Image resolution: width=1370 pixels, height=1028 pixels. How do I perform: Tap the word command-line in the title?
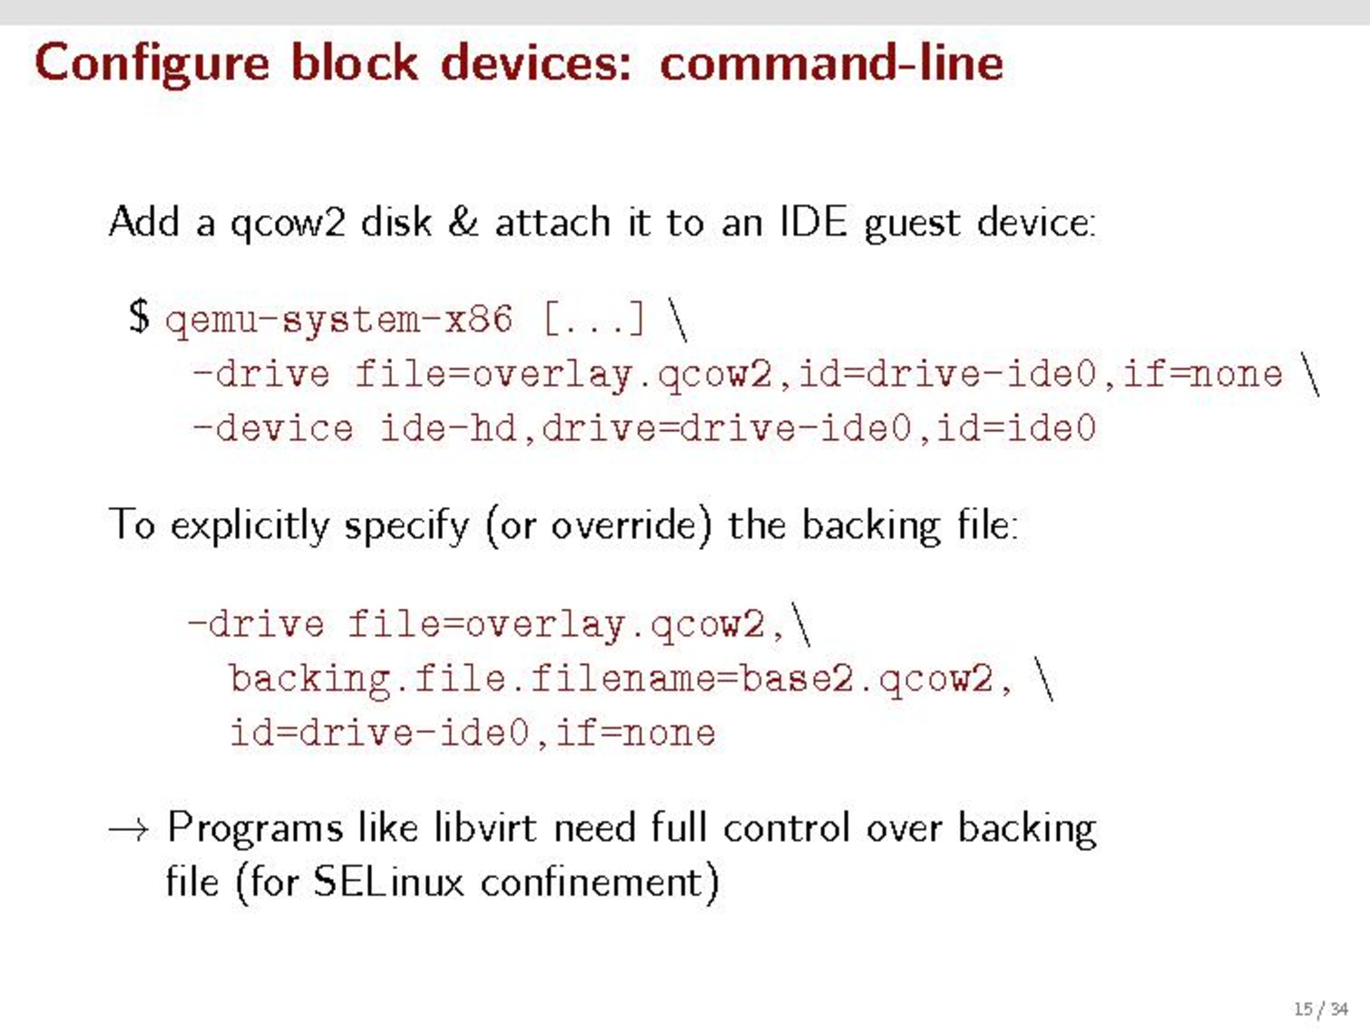click(x=831, y=62)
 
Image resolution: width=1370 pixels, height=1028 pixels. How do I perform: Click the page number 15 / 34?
click(x=1321, y=1009)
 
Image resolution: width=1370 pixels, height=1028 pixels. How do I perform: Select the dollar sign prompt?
click(x=139, y=317)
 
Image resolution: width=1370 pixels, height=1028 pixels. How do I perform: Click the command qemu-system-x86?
click(x=339, y=320)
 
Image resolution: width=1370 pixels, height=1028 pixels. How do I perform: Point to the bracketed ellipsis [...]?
click(x=594, y=318)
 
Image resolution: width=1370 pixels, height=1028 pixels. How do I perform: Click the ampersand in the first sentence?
click(x=463, y=221)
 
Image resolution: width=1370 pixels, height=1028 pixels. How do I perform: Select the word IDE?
click(x=813, y=221)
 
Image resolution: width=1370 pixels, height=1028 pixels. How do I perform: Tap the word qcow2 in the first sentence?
click(x=288, y=223)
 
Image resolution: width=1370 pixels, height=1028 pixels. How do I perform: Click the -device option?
click(x=273, y=428)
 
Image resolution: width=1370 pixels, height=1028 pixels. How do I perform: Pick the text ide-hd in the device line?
click(x=448, y=428)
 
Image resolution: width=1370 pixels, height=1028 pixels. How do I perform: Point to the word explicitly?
click(x=250, y=525)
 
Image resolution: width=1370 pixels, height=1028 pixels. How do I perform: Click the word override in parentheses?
click(x=622, y=525)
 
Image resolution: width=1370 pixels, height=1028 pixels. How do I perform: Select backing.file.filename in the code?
click(x=473, y=679)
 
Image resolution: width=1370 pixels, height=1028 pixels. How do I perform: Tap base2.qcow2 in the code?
click(x=866, y=679)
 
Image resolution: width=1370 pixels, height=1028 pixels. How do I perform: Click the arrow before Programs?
click(x=129, y=829)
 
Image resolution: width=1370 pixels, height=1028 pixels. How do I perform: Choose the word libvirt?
click(x=485, y=828)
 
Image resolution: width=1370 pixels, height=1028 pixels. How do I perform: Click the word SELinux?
click(x=388, y=883)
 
